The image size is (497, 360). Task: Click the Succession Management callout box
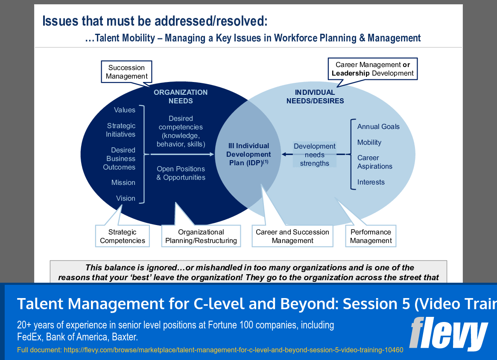(126, 72)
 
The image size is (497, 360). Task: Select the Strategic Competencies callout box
(122, 236)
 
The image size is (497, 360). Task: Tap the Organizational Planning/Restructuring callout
(201, 236)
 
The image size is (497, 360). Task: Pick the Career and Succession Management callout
(292, 236)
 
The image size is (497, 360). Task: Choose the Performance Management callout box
(371, 236)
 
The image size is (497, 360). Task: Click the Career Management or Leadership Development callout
(373, 69)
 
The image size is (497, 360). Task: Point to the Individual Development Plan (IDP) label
(248, 154)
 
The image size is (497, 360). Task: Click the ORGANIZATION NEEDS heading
(181, 97)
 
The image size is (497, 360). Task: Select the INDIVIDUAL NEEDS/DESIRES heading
(315, 97)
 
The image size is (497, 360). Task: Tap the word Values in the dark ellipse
(124, 110)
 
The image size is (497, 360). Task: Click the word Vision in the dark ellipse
(126, 198)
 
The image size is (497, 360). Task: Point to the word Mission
(123, 182)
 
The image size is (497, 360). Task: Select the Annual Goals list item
(378, 126)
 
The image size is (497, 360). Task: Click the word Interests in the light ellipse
(371, 182)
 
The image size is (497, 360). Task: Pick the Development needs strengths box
(315, 155)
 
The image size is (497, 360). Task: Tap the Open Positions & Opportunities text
(181, 173)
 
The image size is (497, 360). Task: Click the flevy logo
(448, 334)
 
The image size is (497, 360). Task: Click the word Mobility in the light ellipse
(369, 142)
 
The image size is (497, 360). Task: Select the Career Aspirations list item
(374, 162)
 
